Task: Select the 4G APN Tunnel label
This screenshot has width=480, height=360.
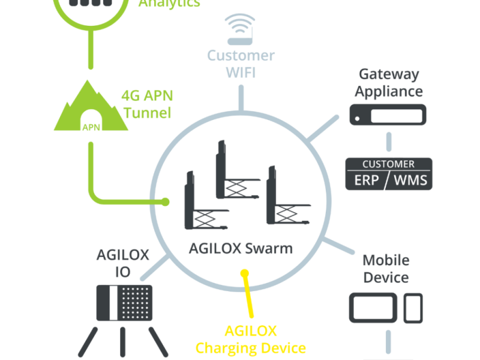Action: point(146,103)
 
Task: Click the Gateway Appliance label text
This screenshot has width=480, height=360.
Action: point(388,83)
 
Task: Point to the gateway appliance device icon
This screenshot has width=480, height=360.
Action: point(388,113)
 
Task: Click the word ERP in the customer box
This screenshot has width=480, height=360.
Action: point(366,179)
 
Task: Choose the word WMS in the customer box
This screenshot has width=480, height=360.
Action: point(410,179)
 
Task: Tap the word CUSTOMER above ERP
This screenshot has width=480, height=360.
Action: point(388,164)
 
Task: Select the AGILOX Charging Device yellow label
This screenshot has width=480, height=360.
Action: point(251,340)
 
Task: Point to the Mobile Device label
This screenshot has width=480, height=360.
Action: point(386,269)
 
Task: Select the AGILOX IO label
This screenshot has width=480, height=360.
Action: point(122,263)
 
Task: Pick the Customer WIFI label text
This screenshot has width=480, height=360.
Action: point(241,64)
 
